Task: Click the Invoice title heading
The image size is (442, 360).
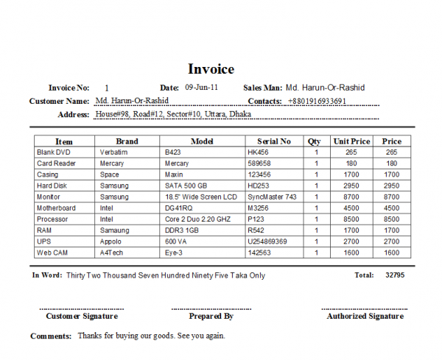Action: click(x=211, y=69)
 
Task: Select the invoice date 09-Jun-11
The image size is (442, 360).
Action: click(x=201, y=87)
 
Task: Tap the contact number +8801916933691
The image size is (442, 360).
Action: click(x=318, y=101)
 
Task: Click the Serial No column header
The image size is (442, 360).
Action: click(x=274, y=141)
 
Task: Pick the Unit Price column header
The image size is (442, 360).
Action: click(x=351, y=141)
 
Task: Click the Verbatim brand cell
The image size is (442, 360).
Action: click(x=114, y=152)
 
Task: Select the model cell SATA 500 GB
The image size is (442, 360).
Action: click(x=185, y=186)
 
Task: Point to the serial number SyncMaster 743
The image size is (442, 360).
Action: click(x=273, y=197)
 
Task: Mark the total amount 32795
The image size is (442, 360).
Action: click(x=394, y=275)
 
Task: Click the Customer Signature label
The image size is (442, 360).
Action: click(x=82, y=316)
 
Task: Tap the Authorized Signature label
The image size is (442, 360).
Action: click(x=365, y=316)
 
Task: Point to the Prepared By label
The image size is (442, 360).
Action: click(x=211, y=316)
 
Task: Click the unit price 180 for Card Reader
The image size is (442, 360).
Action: click(x=351, y=163)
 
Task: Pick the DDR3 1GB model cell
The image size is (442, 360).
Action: click(x=182, y=230)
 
